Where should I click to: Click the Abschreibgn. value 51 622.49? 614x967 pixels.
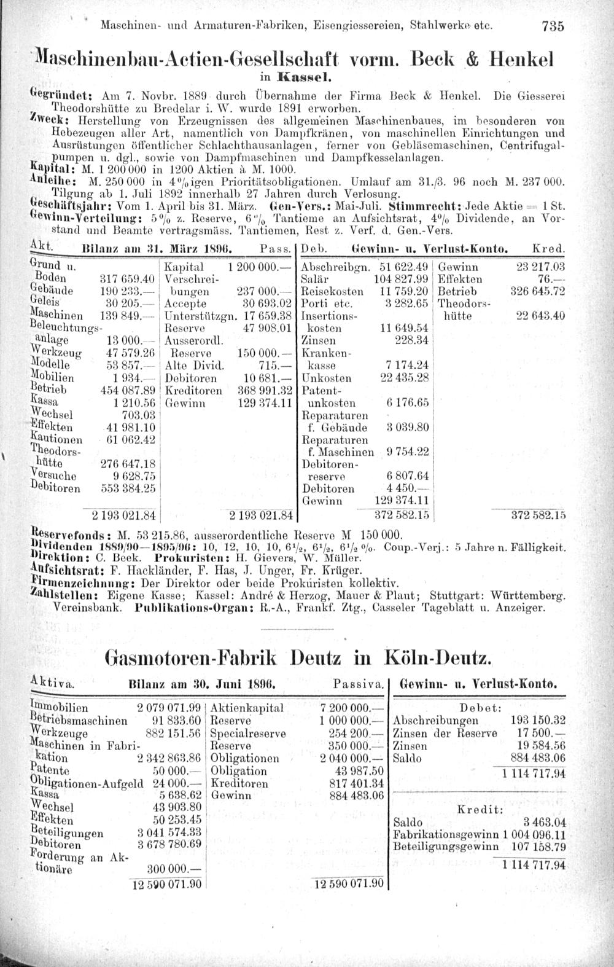(x=403, y=268)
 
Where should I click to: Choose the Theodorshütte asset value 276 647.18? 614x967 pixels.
(x=130, y=463)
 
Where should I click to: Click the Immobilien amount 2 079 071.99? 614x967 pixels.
(x=170, y=708)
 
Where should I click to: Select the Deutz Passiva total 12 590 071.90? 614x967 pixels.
(x=348, y=885)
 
